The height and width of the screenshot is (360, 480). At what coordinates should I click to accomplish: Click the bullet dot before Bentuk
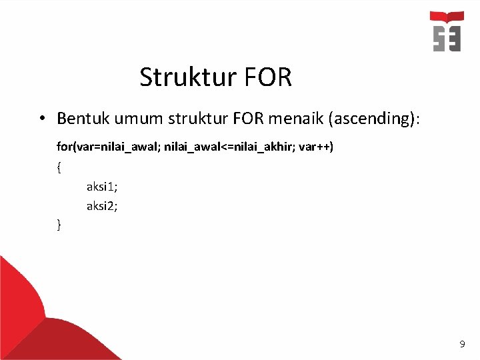(x=41, y=119)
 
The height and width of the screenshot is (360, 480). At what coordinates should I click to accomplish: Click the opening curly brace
(x=59, y=167)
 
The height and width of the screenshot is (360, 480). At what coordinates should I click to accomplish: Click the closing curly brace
(x=59, y=225)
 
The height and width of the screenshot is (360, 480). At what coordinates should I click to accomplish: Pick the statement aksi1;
(x=102, y=187)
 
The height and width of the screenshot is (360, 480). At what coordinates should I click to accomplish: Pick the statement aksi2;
(x=102, y=206)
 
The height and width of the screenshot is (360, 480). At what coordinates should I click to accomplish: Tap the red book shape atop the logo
(x=447, y=17)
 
